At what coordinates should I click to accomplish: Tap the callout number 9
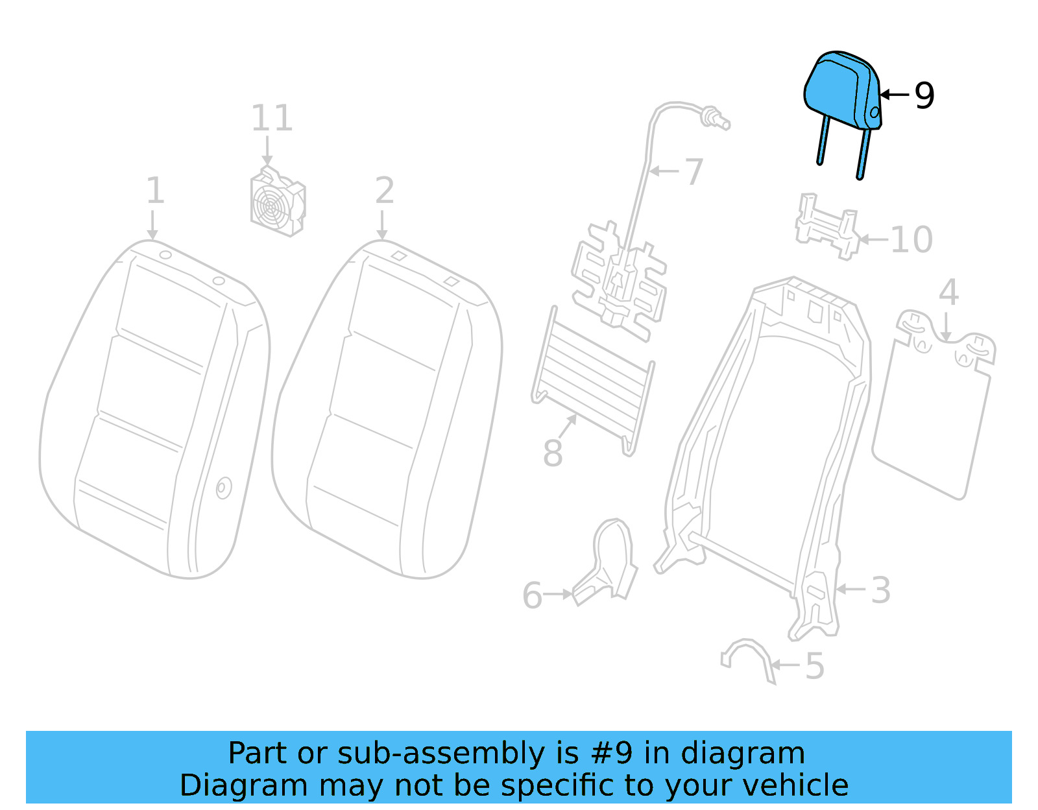pyautogui.click(x=924, y=95)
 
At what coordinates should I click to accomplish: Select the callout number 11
pyautogui.click(x=272, y=119)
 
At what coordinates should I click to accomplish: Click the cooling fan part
pyautogui.click(x=277, y=202)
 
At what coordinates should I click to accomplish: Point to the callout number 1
pyautogui.click(x=154, y=191)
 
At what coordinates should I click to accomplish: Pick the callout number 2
pyautogui.click(x=384, y=191)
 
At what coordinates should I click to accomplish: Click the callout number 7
pyautogui.click(x=694, y=172)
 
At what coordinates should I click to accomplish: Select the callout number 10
pyautogui.click(x=911, y=240)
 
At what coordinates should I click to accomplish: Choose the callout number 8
pyautogui.click(x=553, y=453)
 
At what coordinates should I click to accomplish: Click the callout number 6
pyautogui.click(x=533, y=595)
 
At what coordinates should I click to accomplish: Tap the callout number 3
pyautogui.click(x=880, y=590)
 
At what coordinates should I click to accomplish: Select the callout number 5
pyautogui.click(x=814, y=666)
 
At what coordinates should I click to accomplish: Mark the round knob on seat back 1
pyautogui.click(x=223, y=488)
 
